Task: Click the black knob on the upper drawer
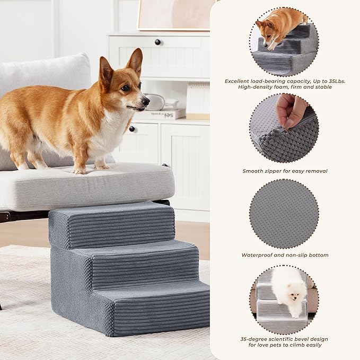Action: pos(157,42)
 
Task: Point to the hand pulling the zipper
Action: pos(291,109)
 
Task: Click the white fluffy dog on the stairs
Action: pos(289,289)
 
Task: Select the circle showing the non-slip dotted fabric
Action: pos(284,214)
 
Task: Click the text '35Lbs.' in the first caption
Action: pos(334,81)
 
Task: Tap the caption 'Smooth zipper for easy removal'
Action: pos(285,171)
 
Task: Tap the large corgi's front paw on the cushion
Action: pos(80,171)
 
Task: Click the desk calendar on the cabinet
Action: pos(197,101)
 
